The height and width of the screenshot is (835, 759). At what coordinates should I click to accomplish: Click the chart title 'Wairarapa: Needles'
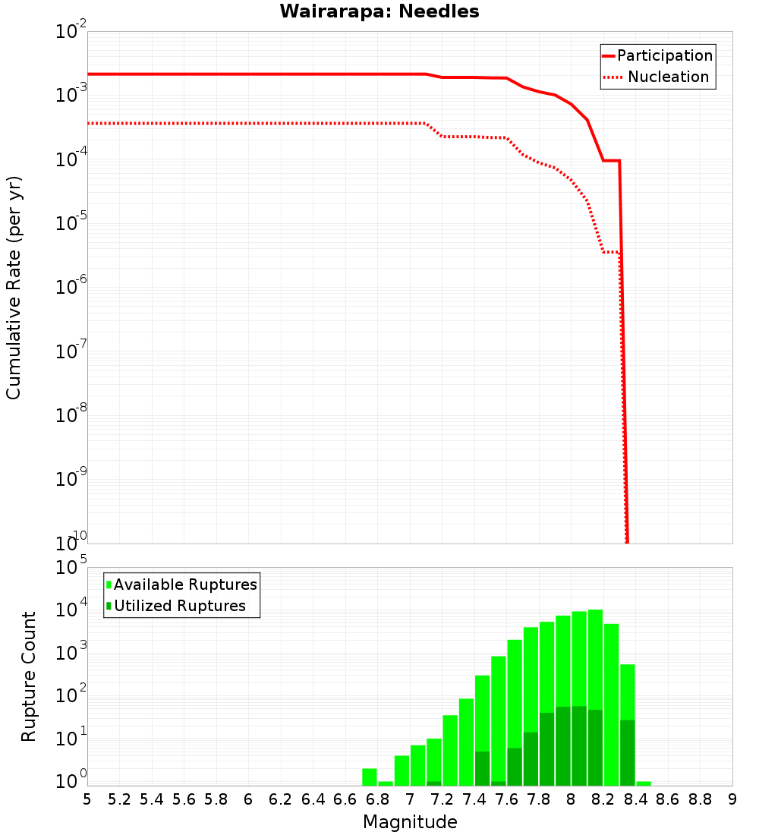[x=379, y=11]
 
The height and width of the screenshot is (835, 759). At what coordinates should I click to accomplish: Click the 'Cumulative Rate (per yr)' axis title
[x=14, y=287]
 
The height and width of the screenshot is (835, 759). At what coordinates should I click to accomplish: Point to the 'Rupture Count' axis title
[x=29, y=676]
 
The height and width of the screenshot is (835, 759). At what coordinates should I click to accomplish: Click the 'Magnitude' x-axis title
[x=410, y=822]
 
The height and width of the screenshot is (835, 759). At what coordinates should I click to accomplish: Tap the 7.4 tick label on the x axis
[x=474, y=799]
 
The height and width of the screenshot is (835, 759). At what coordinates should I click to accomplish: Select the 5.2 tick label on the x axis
[x=119, y=799]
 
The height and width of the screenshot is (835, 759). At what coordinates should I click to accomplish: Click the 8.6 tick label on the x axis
[x=668, y=799]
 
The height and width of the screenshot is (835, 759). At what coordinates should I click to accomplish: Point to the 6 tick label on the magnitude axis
[x=248, y=799]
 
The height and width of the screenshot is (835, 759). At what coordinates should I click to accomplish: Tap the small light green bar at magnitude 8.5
[x=644, y=783]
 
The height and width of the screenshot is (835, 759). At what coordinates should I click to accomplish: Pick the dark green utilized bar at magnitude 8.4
[x=628, y=752]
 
